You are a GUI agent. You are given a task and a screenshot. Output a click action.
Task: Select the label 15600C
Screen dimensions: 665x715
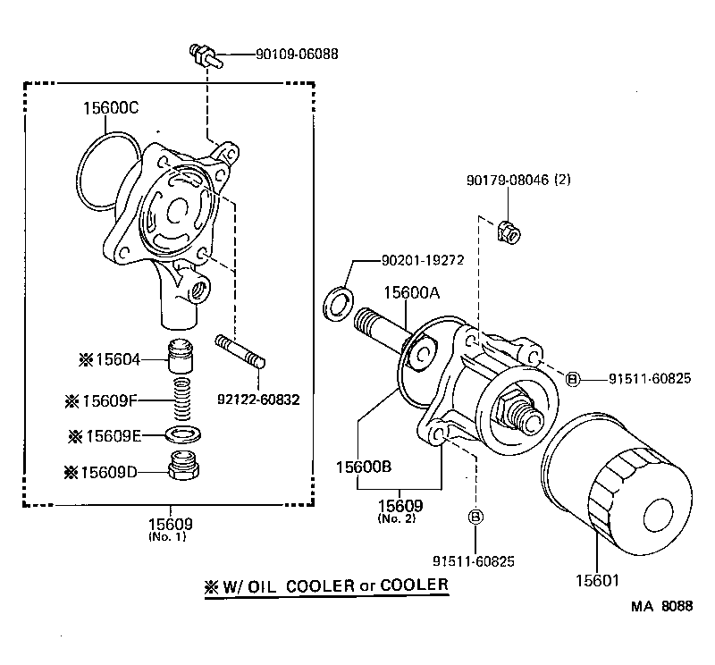pyautogui.click(x=112, y=109)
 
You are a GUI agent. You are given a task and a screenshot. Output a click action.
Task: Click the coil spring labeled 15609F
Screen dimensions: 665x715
pyautogui.click(x=181, y=400)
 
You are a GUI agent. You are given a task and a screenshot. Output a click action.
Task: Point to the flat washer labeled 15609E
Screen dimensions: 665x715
pyautogui.click(x=182, y=434)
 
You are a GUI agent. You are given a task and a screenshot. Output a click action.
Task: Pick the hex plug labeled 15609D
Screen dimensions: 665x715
pyautogui.click(x=182, y=467)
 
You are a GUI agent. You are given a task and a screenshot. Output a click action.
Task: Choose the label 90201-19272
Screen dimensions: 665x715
pyautogui.click(x=422, y=261)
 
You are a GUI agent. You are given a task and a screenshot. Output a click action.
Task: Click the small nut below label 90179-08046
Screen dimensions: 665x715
pyautogui.click(x=507, y=232)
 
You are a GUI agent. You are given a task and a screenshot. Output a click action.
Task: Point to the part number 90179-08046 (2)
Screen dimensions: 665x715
pyautogui.click(x=517, y=180)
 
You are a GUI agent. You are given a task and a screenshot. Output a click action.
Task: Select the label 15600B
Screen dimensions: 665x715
pyautogui.click(x=365, y=466)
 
